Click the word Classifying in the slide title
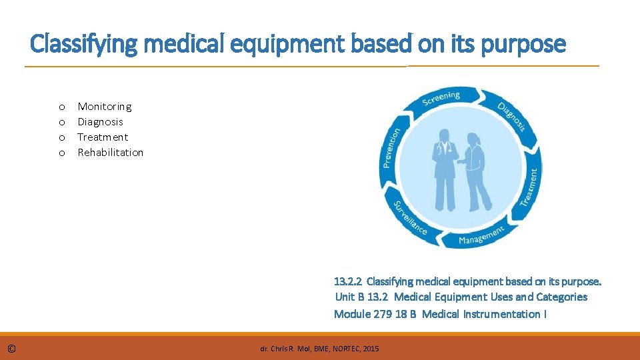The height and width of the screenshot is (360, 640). tap(73, 45)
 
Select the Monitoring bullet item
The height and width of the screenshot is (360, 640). tap(105, 107)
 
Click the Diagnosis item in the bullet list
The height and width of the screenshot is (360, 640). tap(101, 122)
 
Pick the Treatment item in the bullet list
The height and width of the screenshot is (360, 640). tap(103, 137)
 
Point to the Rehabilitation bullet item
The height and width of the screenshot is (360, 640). tap(111, 153)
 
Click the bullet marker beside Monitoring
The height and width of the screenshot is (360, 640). tap(61, 107)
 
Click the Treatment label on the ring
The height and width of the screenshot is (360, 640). tap(530, 186)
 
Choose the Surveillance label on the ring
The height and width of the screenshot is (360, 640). tap(410, 218)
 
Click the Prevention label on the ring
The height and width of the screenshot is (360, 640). tap(391, 149)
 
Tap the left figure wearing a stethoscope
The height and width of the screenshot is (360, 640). tap(443, 170)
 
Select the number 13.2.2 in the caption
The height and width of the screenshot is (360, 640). tap(347, 281)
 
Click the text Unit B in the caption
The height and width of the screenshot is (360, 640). tap(350, 297)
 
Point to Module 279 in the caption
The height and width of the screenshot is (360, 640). tap(363, 314)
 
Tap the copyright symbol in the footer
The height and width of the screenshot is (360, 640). tap(11, 349)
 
